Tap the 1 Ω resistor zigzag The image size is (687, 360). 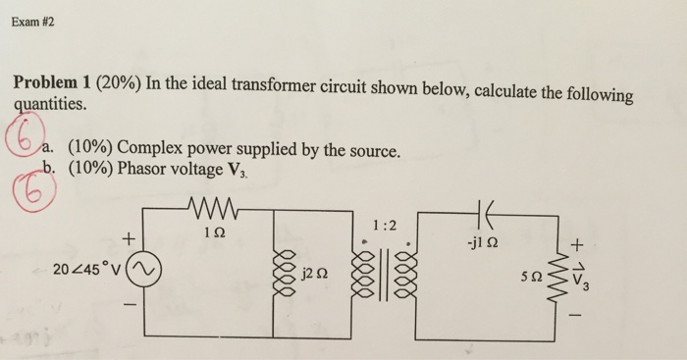(211, 211)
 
